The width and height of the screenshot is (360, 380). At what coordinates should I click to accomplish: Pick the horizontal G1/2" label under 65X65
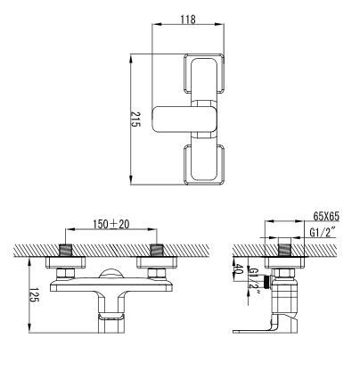point(321,234)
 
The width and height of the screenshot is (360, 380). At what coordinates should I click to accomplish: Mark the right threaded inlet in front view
point(157,248)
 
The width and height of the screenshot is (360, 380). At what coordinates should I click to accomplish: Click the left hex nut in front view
point(66,271)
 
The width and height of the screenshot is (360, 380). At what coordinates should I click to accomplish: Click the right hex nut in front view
point(157,271)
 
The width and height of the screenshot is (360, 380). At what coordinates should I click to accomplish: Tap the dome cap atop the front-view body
point(111,275)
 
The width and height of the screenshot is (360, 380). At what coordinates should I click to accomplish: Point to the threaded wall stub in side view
point(285,247)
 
